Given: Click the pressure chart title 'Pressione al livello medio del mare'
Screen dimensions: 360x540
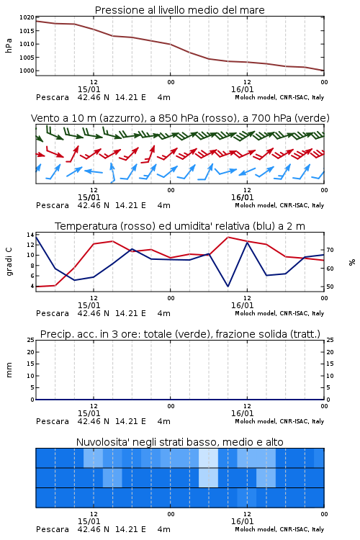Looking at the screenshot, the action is point(179,10).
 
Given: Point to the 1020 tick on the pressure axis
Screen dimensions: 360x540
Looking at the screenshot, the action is point(27,17).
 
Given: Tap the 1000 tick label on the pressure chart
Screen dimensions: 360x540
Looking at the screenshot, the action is point(27,71).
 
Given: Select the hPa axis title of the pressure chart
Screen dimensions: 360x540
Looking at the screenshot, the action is point(9,45).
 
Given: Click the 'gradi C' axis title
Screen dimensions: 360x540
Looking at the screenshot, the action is point(9,261).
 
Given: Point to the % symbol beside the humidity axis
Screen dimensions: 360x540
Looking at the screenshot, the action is point(352,262).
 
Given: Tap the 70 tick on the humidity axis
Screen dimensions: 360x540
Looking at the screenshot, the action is point(330,250).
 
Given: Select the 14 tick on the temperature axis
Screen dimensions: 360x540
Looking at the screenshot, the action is point(30,235).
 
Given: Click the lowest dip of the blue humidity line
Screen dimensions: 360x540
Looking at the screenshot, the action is point(228,286).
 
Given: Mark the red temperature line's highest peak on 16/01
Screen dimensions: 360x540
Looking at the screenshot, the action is point(228,237).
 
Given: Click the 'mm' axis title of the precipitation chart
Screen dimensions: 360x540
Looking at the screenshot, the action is point(9,370).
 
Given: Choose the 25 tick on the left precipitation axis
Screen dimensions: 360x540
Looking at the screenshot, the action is point(31,340).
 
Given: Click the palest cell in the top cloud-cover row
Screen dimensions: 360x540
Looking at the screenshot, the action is point(208,458).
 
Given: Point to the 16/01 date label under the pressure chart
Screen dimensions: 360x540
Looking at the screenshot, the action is point(242,89).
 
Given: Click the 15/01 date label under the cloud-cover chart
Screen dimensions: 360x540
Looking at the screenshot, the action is point(89,521).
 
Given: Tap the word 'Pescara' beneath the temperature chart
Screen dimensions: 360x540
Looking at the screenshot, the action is point(53,313).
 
